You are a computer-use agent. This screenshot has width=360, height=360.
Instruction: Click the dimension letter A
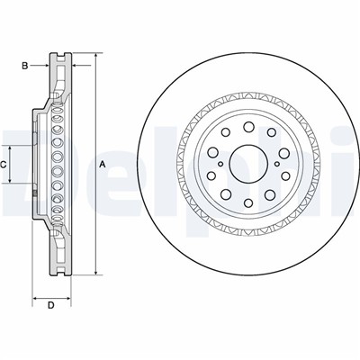102,164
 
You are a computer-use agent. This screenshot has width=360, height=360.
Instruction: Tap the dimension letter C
4,164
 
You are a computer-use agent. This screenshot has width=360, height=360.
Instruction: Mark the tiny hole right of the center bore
271,163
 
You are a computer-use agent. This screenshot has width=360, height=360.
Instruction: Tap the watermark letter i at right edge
354,162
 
